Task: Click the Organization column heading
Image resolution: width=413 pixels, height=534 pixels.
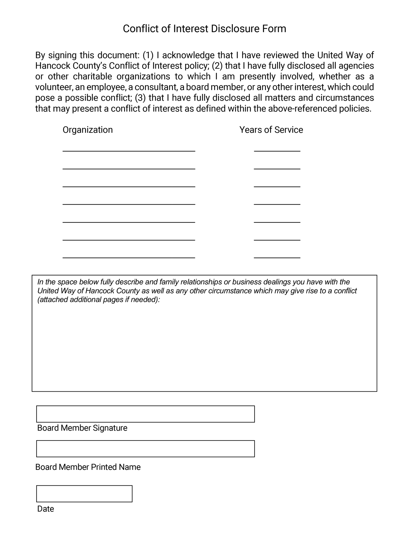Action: [x=87, y=130]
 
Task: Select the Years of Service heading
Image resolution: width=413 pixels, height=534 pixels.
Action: [x=271, y=130]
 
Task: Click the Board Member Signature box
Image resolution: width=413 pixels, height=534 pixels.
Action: [x=145, y=414]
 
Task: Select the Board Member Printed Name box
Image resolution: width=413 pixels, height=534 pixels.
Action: [x=145, y=449]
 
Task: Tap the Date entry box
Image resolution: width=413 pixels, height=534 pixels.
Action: [x=84, y=494]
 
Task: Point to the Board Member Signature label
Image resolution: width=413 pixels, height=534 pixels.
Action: [x=82, y=428]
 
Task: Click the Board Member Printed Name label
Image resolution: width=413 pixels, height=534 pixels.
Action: [x=88, y=467]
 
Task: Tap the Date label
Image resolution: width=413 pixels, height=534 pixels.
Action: [x=46, y=509]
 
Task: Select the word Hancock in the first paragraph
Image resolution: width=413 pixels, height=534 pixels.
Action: [x=53, y=66]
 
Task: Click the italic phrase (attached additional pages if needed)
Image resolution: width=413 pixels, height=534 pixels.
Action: [x=99, y=299]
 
